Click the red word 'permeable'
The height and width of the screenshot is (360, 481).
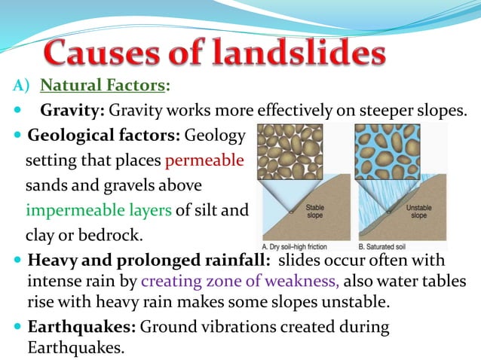pos(204,160)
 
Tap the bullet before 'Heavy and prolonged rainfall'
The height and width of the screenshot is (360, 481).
pos(18,261)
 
